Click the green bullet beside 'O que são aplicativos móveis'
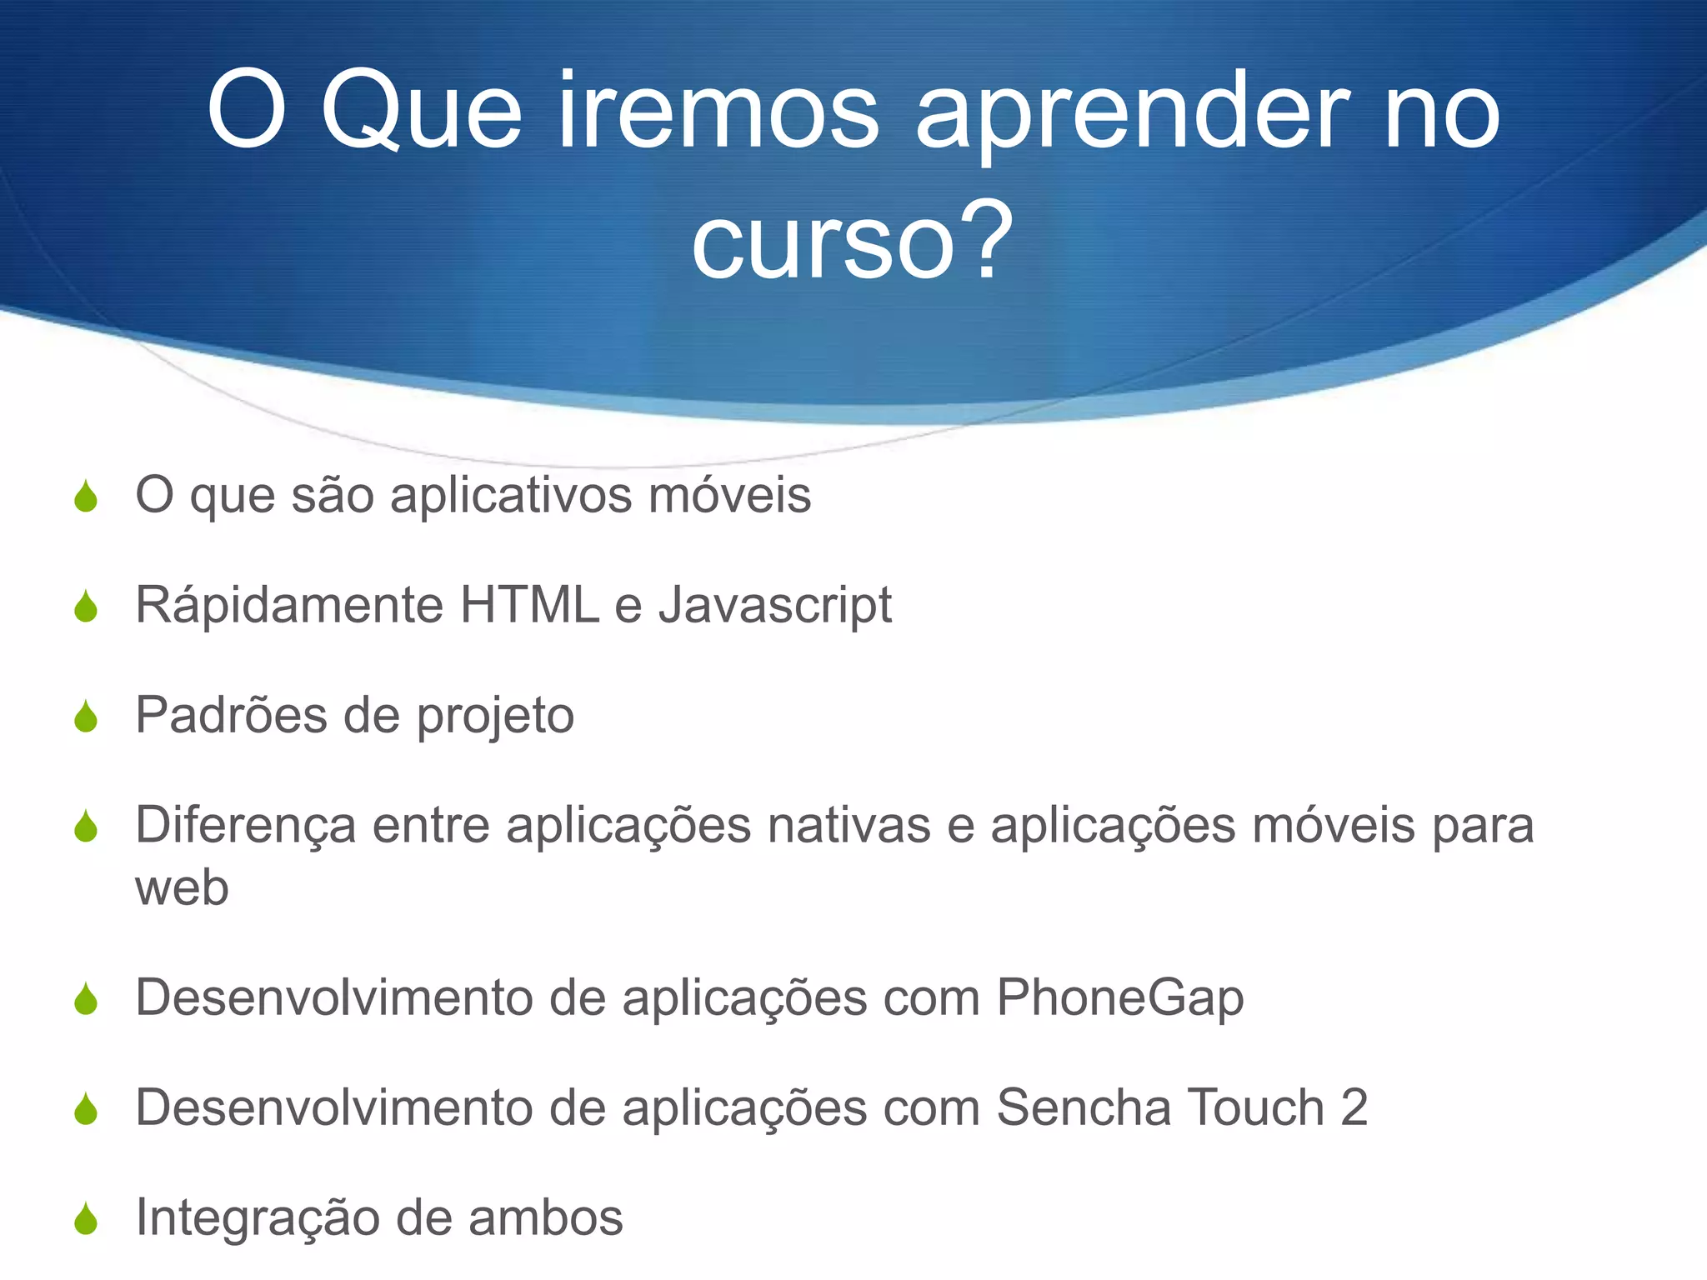[86, 497]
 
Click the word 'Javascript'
[775, 606]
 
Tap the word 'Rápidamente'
[289, 606]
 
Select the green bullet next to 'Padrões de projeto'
[86, 717]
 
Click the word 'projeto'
[495, 717]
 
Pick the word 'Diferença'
[246, 827]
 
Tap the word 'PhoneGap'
[1119, 998]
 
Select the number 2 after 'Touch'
[1354, 1107]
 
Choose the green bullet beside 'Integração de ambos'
[86, 1220]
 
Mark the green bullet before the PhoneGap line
[86, 1000]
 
